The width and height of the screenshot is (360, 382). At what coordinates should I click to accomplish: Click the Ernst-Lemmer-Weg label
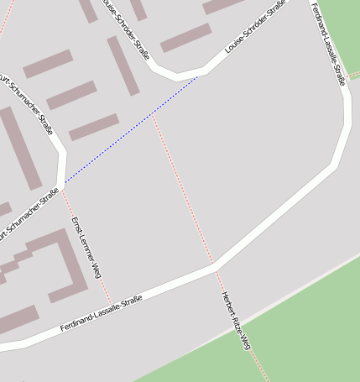(86, 248)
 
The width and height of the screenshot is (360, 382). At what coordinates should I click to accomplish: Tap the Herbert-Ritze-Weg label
(236, 320)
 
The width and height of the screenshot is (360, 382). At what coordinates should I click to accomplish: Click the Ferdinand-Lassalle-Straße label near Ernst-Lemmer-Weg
(100, 314)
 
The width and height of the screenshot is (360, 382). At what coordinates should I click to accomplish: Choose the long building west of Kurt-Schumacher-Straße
(18, 148)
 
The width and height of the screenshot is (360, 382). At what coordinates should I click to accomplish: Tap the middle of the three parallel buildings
(71, 95)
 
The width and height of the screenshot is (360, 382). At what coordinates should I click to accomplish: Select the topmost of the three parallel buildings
(48, 64)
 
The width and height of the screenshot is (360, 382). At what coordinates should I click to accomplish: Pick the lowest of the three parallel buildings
(94, 127)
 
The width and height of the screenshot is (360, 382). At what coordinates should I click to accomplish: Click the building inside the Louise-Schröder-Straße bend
(185, 38)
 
